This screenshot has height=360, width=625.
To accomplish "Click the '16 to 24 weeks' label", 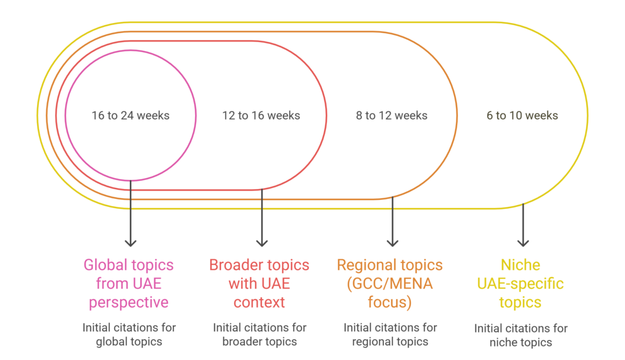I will point(131,115).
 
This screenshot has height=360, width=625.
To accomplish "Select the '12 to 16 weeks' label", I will point(261,115).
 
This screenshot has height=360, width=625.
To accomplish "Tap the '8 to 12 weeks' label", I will point(392,115).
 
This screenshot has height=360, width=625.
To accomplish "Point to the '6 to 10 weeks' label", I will point(522,115).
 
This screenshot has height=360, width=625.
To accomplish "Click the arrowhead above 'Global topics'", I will point(131,242).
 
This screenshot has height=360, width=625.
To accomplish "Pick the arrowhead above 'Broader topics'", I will point(262,242).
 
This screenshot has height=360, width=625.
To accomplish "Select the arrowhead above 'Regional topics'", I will point(392,242).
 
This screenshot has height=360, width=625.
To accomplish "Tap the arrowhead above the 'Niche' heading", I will point(522,242).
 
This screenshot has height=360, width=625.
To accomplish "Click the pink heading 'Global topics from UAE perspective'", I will point(129,284).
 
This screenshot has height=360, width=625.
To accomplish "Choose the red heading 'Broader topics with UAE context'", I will point(259,284).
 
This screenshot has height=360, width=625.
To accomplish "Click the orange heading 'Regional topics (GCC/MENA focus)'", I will point(390,284).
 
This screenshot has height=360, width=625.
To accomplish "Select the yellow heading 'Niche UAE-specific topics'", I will point(521,284).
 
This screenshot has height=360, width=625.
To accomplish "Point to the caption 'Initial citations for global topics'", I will point(129,334).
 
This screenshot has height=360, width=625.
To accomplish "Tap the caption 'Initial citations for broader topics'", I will point(259,334).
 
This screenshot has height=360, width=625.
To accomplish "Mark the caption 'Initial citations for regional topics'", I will point(390,334).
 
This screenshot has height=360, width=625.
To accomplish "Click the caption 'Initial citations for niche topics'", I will point(521,335).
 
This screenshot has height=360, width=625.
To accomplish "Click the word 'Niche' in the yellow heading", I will point(521,265).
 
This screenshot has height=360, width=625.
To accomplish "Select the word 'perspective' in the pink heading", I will point(129,303).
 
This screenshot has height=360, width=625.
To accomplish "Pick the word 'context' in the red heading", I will point(259,303).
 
